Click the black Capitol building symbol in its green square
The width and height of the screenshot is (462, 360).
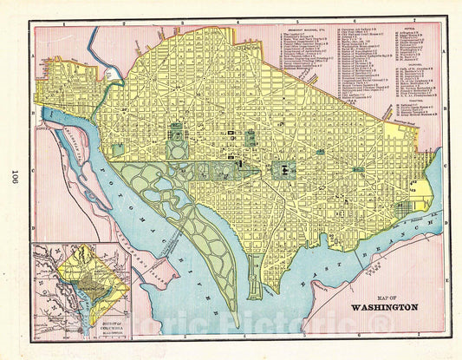(x=285, y=169)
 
